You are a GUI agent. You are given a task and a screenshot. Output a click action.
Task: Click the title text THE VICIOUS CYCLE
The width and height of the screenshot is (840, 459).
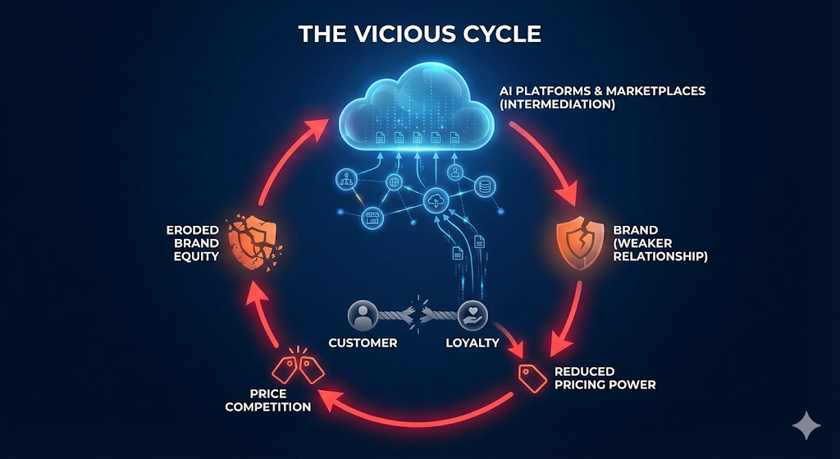click(x=419, y=34)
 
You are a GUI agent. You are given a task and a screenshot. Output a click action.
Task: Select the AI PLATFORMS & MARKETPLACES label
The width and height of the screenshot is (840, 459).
click(x=602, y=98)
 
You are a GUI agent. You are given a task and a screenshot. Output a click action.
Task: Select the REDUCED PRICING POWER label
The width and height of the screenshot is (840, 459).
click(x=605, y=378)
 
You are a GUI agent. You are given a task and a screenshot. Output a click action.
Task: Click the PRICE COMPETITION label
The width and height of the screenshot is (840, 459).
click(x=267, y=401)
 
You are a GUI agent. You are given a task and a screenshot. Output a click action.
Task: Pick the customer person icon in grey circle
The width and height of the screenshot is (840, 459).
click(x=362, y=314)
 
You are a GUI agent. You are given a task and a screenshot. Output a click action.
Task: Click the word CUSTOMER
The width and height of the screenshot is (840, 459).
click(x=363, y=342)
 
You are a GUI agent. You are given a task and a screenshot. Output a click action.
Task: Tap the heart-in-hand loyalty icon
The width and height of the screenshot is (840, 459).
click(x=472, y=314)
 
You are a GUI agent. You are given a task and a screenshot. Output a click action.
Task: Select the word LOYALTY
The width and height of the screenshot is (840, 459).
click(x=472, y=342)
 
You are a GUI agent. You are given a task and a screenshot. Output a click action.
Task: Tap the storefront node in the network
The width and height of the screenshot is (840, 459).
click(x=374, y=217)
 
